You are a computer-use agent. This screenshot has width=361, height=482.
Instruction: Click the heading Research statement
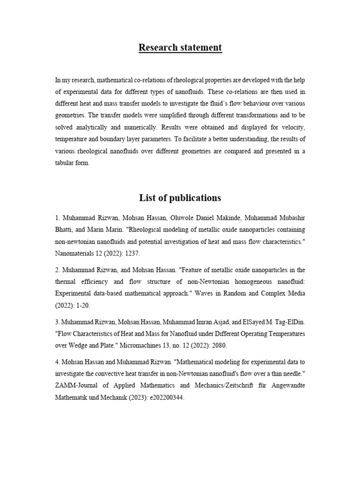pyautogui.click(x=180, y=48)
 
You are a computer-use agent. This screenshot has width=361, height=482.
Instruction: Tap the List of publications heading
pyautogui.click(x=180, y=197)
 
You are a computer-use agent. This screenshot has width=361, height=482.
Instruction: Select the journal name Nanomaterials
pyautogui.click(x=77, y=253)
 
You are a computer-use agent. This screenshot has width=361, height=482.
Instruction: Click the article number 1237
pyautogui.click(x=132, y=253)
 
